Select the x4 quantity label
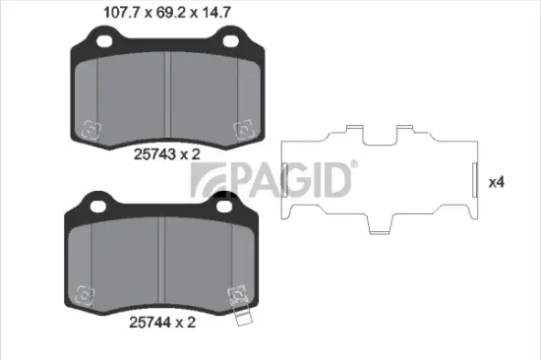(497, 182)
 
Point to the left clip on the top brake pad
(90, 128)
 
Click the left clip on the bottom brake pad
(84, 293)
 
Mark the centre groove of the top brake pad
(169, 93)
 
